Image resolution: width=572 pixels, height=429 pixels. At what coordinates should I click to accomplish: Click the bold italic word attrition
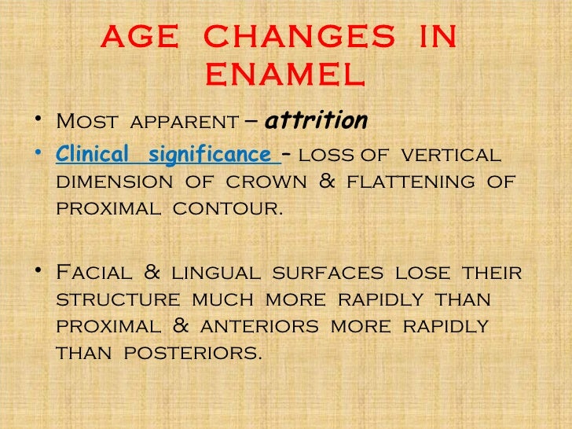(317, 121)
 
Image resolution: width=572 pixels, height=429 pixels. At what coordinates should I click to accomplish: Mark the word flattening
(415, 183)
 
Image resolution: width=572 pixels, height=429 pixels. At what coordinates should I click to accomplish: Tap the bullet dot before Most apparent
(38, 123)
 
